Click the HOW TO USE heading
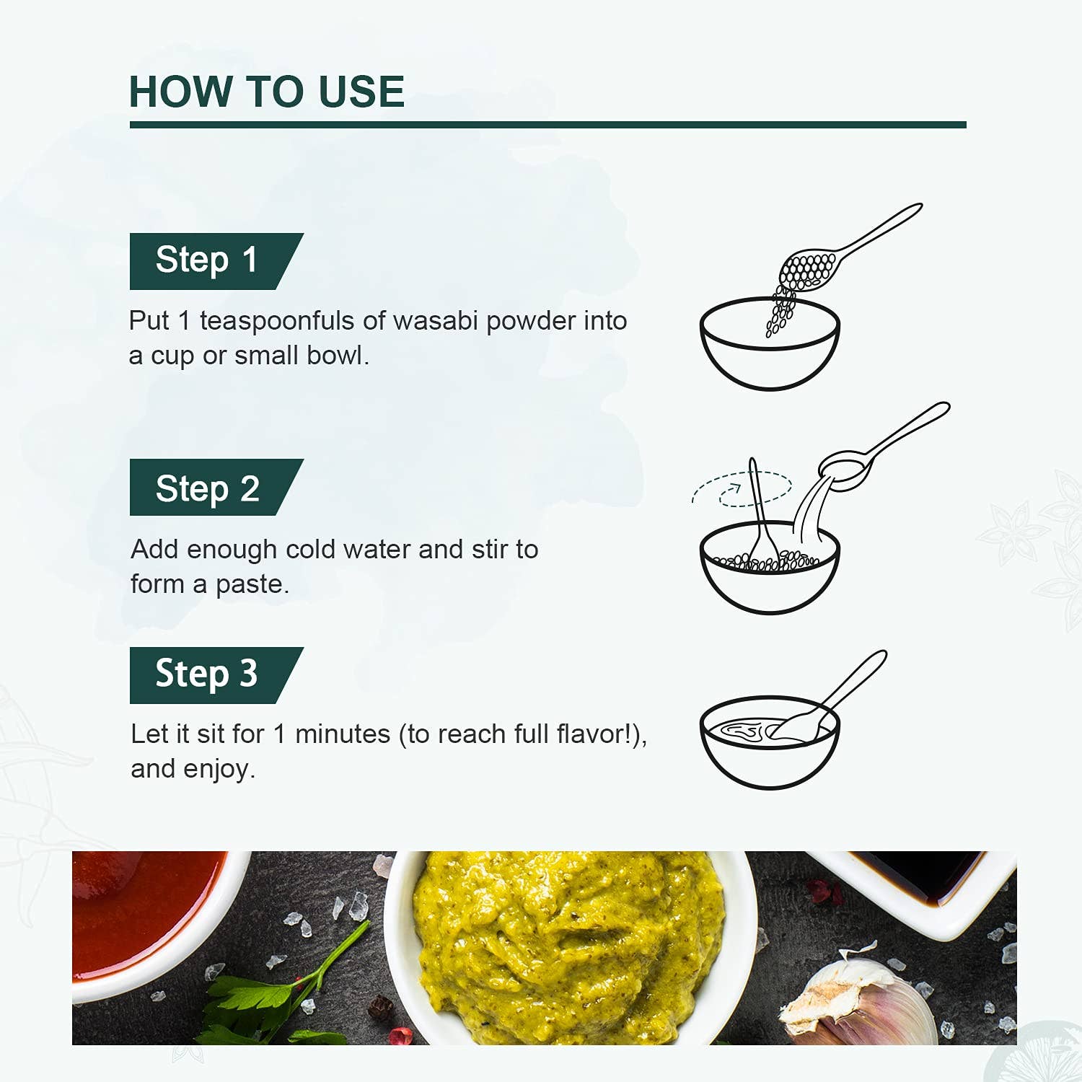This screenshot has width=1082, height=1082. pyautogui.click(x=267, y=92)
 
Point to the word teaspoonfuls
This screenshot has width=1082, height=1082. pyautogui.click(x=277, y=322)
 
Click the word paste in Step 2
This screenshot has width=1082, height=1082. pyautogui.click(x=252, y=584)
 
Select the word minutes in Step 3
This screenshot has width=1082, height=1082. pyautogui.click(x=343, y=734)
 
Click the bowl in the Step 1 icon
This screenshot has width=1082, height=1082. pyautogui.click(x=770, y=344)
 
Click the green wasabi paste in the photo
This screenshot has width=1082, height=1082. pyautogui.click(x=570, y=945)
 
